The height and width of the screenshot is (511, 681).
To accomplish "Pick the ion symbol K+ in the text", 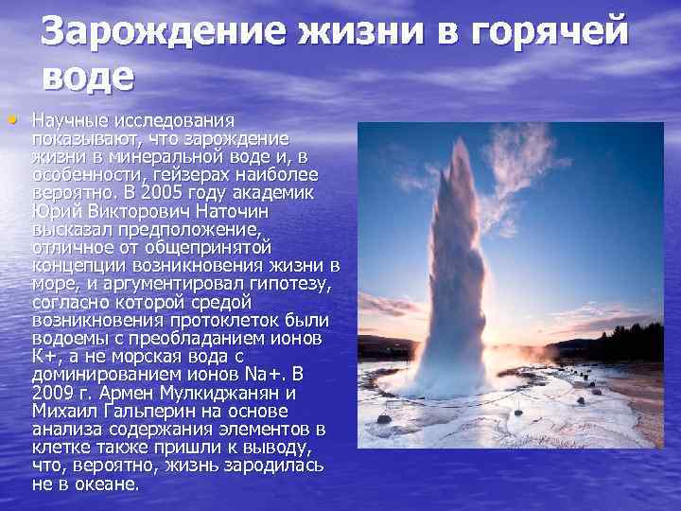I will point(44,355).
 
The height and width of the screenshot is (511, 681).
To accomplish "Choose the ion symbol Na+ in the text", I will point(256,373).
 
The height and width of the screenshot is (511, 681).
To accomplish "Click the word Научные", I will point(70,121).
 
